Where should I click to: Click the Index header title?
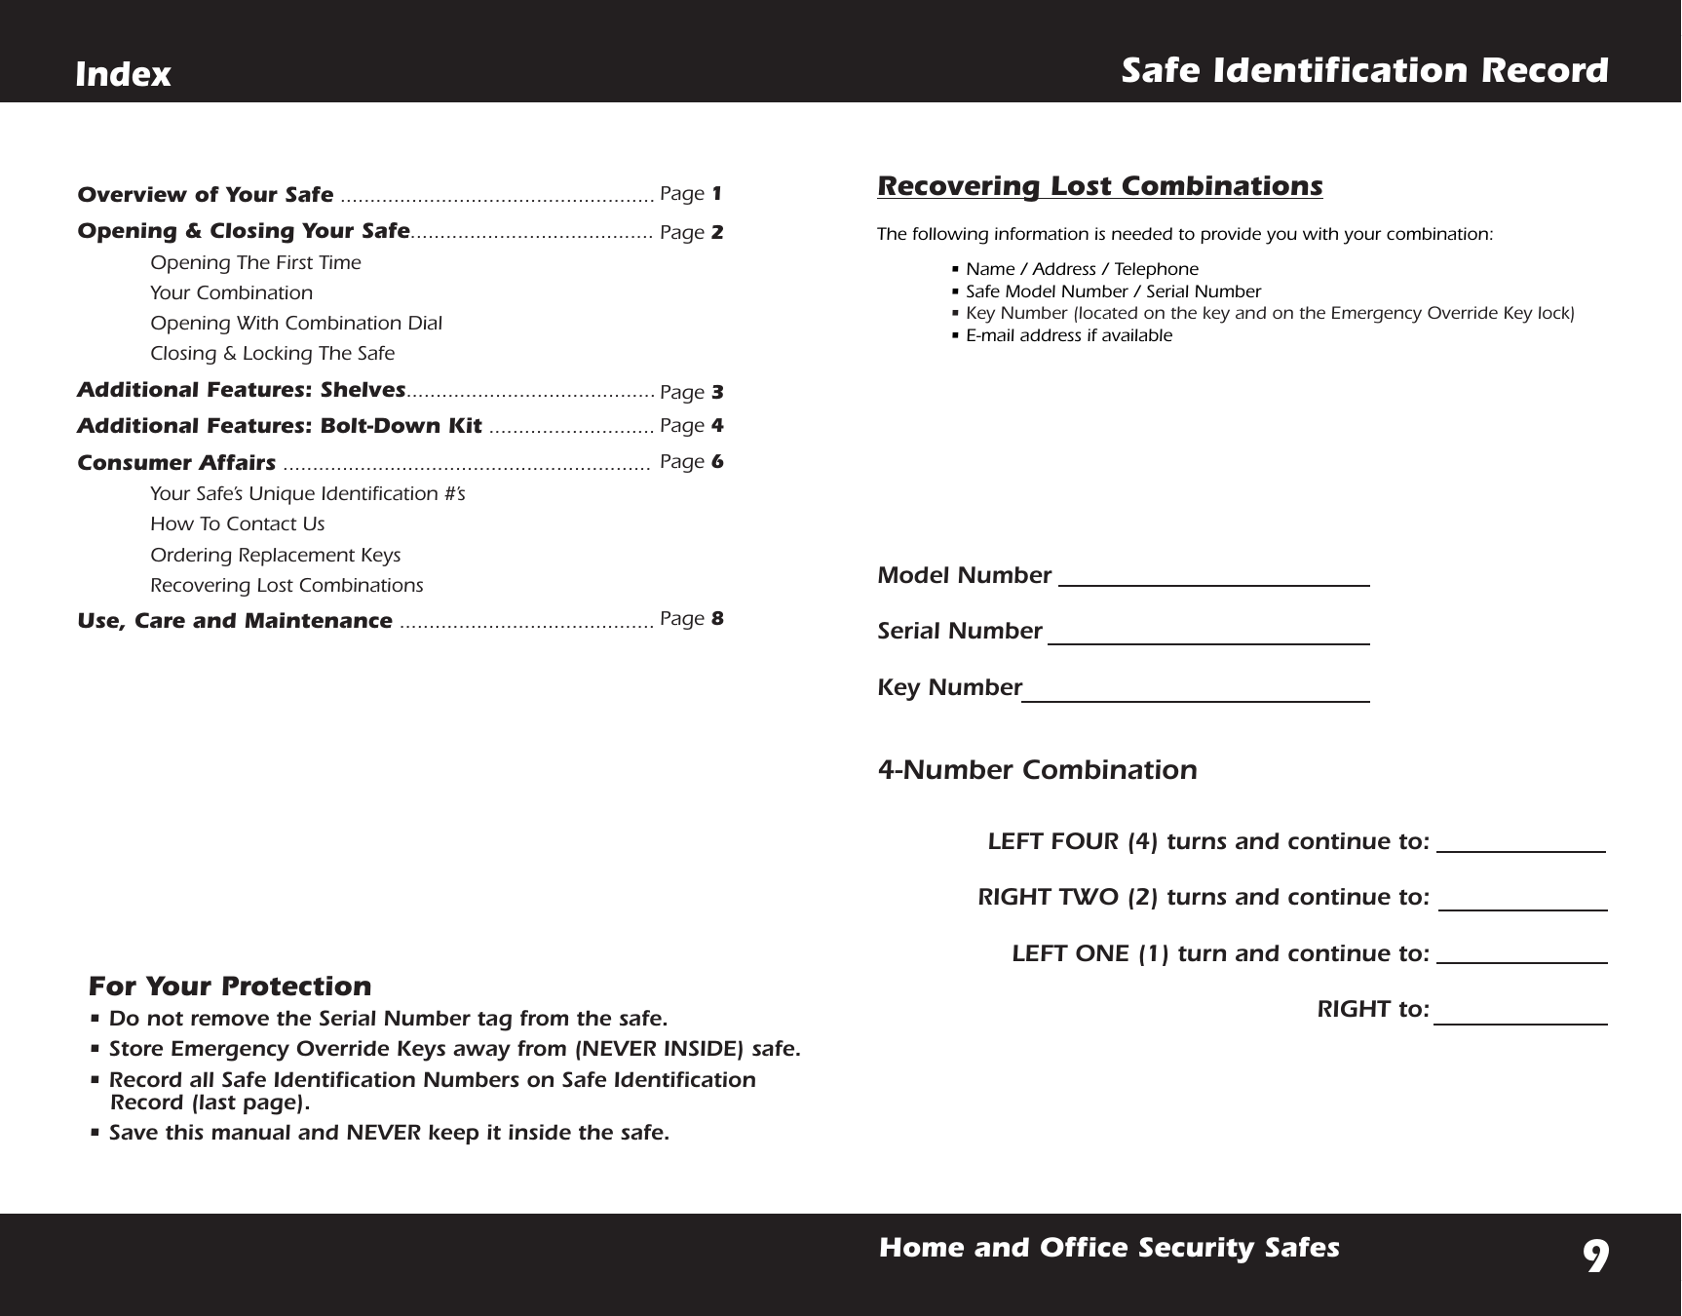coord(123,74)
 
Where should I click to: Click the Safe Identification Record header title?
coord(1363,70)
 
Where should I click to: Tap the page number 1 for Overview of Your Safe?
coord(716,193)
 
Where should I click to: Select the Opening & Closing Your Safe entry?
coord(243,231)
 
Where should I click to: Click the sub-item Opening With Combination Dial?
coord(295,323)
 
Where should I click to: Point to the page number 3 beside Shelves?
coord(716,392)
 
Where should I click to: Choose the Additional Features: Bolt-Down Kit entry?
coord(279,426)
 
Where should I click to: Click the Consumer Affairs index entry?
coord(175,462)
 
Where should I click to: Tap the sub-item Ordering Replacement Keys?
coord(275,555)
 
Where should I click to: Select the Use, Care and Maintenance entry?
coord(234,621)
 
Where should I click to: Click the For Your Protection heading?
coord(229,987)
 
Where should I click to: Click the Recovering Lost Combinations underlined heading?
coord(1099,185)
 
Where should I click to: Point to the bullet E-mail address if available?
coord(1068,335)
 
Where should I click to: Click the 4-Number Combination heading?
coord(1037,769)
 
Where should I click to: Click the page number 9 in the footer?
coord(1594,1258)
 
